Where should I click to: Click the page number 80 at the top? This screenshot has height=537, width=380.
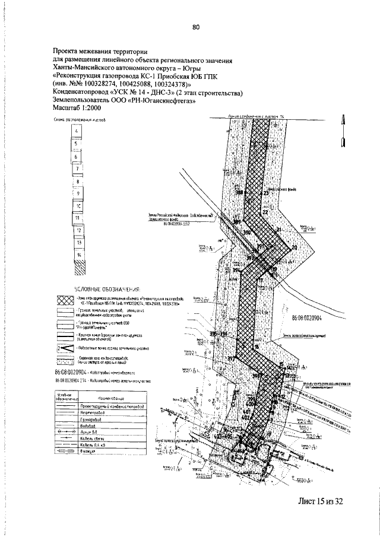coord(197,26)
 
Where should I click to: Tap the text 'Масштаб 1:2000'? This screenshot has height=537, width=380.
coord(77,110)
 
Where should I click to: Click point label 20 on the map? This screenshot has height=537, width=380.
coord(293,248)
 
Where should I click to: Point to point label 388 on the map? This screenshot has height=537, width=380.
coord(239,192)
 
